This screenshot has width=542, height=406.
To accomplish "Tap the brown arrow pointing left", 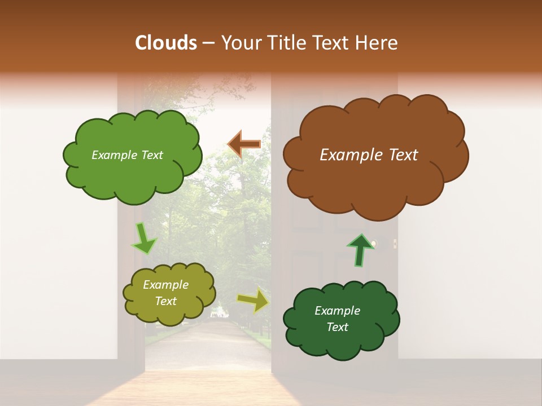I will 244,144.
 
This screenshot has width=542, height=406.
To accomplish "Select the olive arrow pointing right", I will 253,301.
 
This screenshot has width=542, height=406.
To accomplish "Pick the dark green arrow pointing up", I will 360,249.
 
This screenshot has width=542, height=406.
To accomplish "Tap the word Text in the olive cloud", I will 166,301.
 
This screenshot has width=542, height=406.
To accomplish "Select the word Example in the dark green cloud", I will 337,311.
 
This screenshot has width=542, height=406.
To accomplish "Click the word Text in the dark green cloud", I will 337,327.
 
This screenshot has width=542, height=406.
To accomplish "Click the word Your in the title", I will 239,43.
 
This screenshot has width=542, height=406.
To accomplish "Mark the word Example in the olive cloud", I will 166,285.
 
